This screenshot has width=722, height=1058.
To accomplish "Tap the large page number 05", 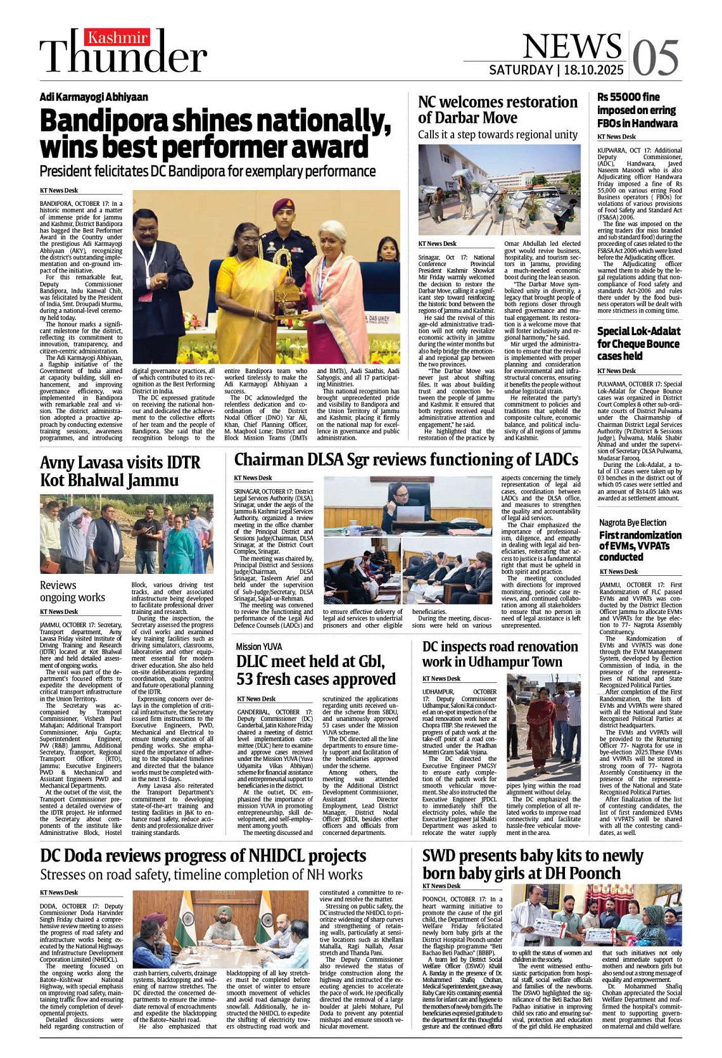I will coord(655,58).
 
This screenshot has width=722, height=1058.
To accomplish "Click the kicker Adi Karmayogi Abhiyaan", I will coord(93,97).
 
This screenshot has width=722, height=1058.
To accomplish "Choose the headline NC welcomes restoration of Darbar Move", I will coord(497,110).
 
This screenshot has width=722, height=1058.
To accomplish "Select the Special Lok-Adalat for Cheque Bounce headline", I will coord(638,343).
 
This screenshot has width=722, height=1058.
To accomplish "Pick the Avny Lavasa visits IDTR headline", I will coord(119,471).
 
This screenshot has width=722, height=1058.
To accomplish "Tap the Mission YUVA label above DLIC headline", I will coord(259,646).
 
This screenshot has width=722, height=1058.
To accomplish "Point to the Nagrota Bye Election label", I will coord(633,523).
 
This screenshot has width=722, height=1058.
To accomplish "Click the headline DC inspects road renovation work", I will coord(500,654).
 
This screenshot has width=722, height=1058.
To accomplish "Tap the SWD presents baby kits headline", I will coord(532,864).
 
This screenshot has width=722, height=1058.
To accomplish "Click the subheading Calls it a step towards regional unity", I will coord(497,134).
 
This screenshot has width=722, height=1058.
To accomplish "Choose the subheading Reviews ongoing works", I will coord(72,591).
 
